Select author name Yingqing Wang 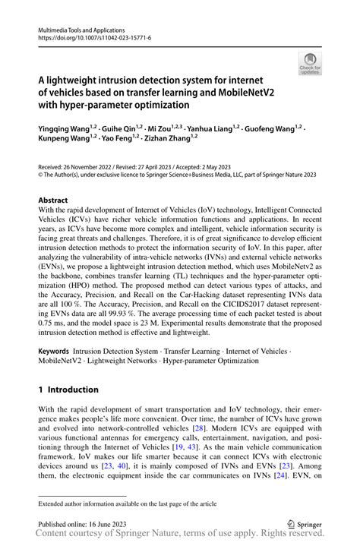pyautogui.click(x=63, y=129)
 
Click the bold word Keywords pyautogui.click(x=53, y=352)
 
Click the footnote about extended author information pyautogui.click(x=125, y=503)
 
